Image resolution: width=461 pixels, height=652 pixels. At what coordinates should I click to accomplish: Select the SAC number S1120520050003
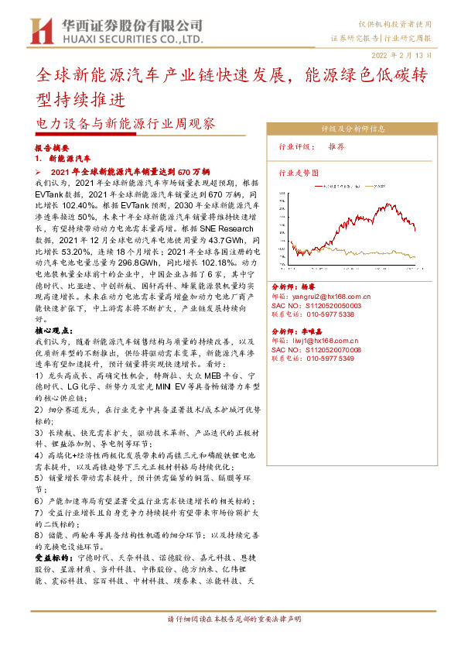(316, 305)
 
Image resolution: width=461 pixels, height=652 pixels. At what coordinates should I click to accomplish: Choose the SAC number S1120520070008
(316, 349)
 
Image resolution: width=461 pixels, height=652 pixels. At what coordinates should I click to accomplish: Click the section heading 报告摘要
(52, 147)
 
